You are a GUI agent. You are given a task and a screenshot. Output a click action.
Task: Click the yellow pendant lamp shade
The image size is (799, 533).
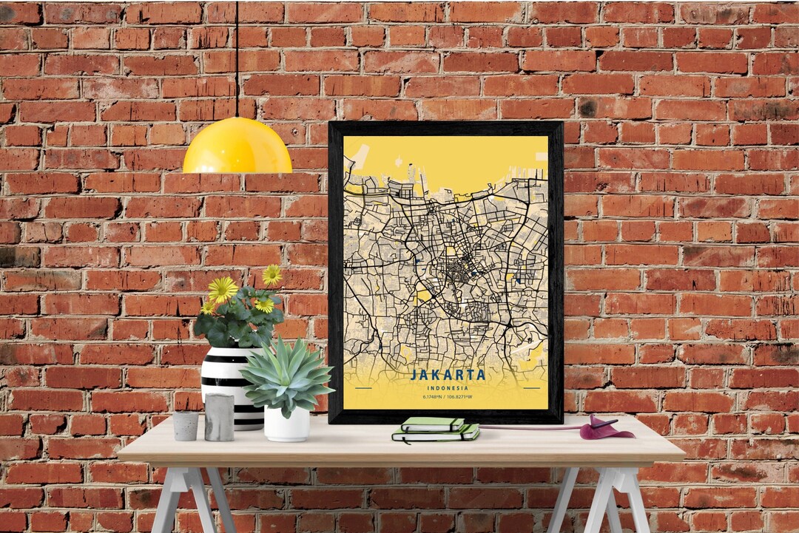[237, 148]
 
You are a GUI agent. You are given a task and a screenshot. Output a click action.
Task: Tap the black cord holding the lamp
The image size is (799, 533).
[237, 59]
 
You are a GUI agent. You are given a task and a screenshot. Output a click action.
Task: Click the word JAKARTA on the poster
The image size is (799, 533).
[448, 374]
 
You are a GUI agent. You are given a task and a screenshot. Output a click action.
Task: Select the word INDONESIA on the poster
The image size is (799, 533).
[448, 387]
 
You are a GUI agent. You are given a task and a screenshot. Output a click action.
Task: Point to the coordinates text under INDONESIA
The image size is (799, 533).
[448, 397]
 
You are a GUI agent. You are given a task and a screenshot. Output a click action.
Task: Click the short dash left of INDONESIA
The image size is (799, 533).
[363, 387]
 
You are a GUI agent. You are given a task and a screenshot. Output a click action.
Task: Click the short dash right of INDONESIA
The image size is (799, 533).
[531, 387]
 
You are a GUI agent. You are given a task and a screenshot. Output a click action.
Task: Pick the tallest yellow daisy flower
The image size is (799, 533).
[272, 275]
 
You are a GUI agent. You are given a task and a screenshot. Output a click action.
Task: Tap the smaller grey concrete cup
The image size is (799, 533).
[186, 426]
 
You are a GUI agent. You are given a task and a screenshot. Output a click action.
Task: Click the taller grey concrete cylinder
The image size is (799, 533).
[219, 417]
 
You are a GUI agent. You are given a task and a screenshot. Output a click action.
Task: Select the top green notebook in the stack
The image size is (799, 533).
[433, 424]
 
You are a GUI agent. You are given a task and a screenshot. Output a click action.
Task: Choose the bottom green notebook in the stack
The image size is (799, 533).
[436, 436]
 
